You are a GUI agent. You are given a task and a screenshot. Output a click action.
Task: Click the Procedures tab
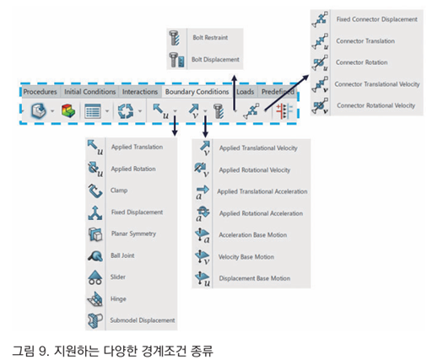click(40, 92)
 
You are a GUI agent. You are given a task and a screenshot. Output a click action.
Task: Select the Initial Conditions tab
click(89, 92)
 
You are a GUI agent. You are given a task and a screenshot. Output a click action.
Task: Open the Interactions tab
click(140, 92)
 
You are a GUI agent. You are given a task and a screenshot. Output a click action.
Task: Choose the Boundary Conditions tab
click(197, 92)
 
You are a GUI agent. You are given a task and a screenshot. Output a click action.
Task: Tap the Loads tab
click(246, 92)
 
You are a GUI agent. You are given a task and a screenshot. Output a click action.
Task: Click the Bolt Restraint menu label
click(210, 38)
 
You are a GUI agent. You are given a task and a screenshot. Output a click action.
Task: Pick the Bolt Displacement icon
click(176, 60)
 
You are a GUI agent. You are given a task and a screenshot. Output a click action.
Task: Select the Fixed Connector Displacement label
click(377, 19)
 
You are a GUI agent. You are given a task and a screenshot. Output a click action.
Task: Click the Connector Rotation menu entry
click(361, 62)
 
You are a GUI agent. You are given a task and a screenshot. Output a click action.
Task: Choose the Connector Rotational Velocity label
click(376, 105)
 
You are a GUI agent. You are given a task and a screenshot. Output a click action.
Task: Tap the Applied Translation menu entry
click(137, 147)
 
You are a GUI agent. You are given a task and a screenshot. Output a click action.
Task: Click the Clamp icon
click(95, 191)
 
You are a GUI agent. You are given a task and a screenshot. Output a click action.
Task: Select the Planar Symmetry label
click(133, 234)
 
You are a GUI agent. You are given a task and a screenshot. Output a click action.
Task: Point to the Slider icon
click(95, 277)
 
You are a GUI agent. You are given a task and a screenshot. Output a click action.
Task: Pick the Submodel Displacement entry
click(143, 320)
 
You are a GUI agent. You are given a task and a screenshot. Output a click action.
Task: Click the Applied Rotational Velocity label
click(255, 170)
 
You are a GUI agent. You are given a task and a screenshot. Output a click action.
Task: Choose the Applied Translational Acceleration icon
click(202, 192)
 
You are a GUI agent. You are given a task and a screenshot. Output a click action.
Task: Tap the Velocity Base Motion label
click(246, 257)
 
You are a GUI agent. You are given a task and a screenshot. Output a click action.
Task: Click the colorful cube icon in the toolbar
click(68, 110)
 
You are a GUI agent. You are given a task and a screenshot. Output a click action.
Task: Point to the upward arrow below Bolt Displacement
click(235, 93)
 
